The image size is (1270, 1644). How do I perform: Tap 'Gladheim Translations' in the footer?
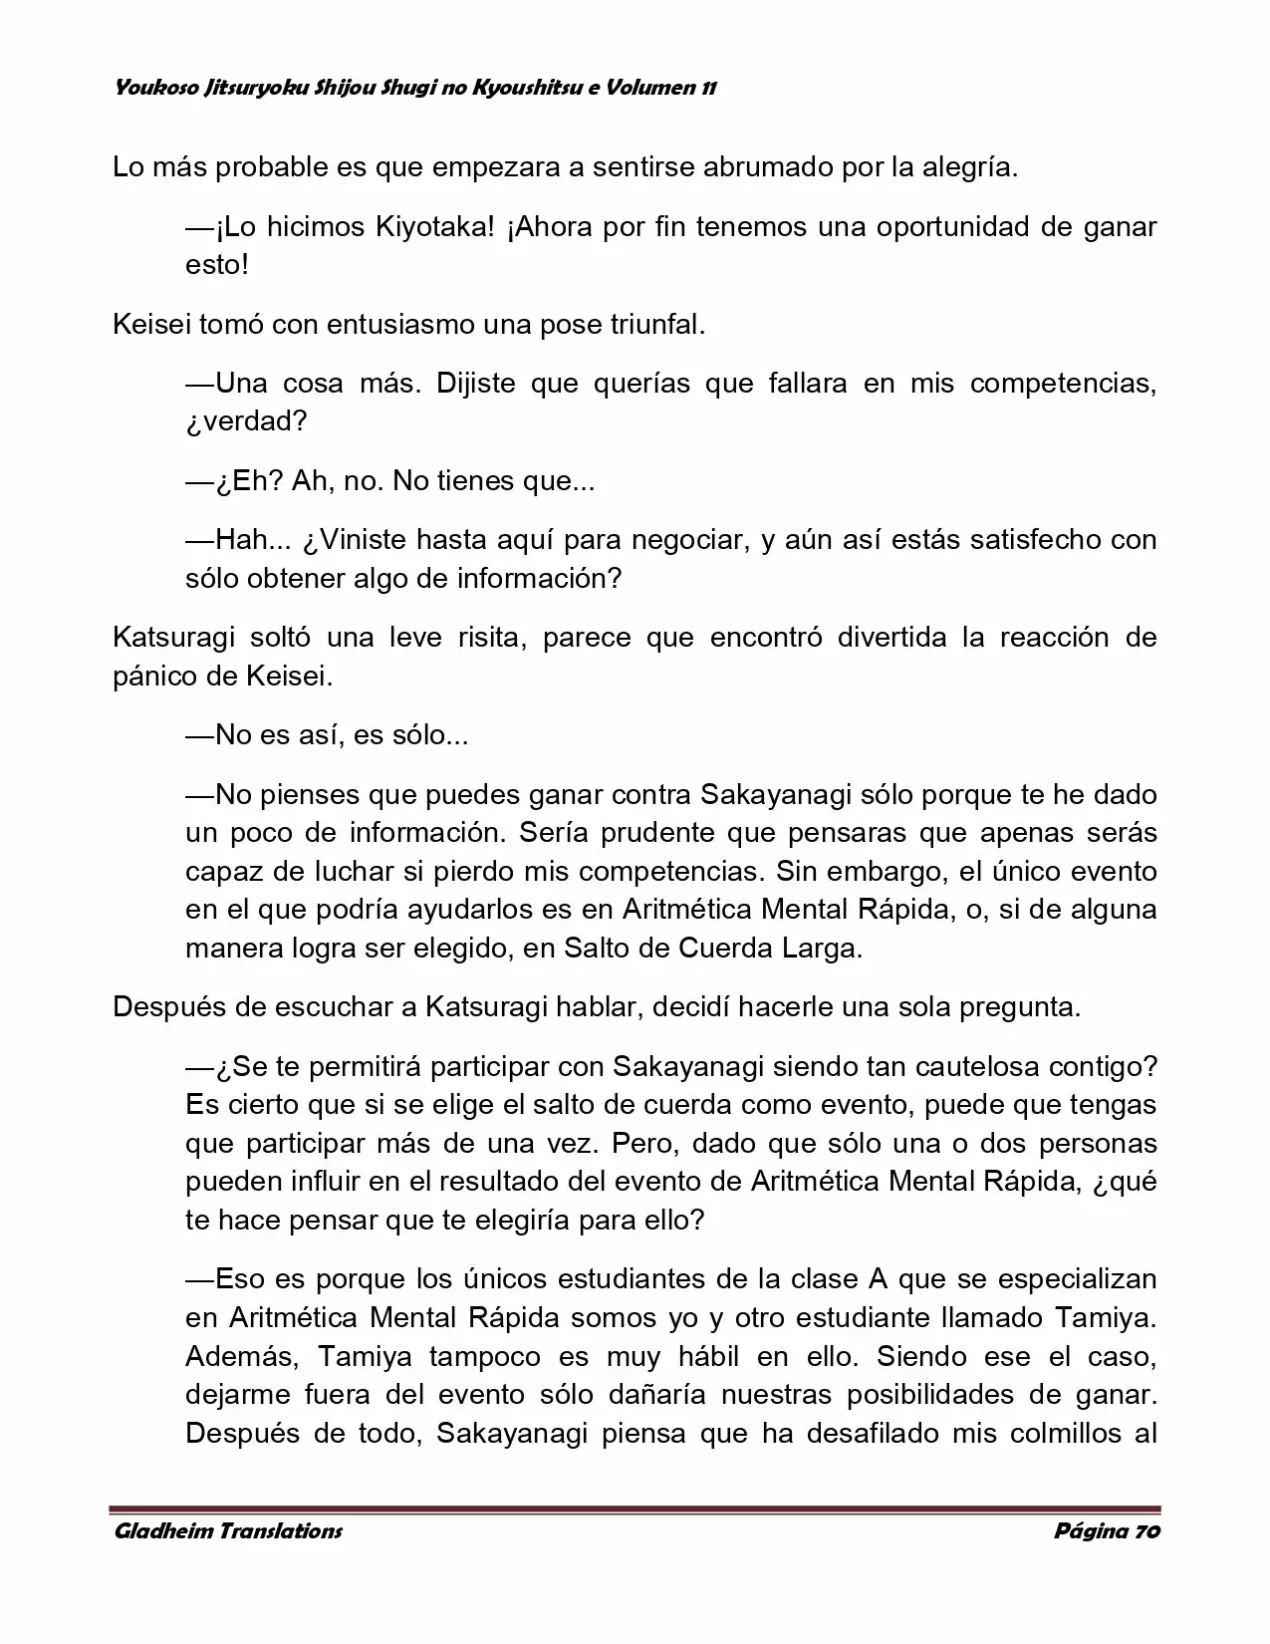pos(228,1531)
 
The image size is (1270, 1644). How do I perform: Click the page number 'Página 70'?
pos(1107,1531)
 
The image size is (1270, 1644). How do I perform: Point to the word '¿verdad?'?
pos(246,421)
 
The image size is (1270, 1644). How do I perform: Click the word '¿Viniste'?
pos(356,540)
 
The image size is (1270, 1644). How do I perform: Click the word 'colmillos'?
pos(1058,1435)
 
